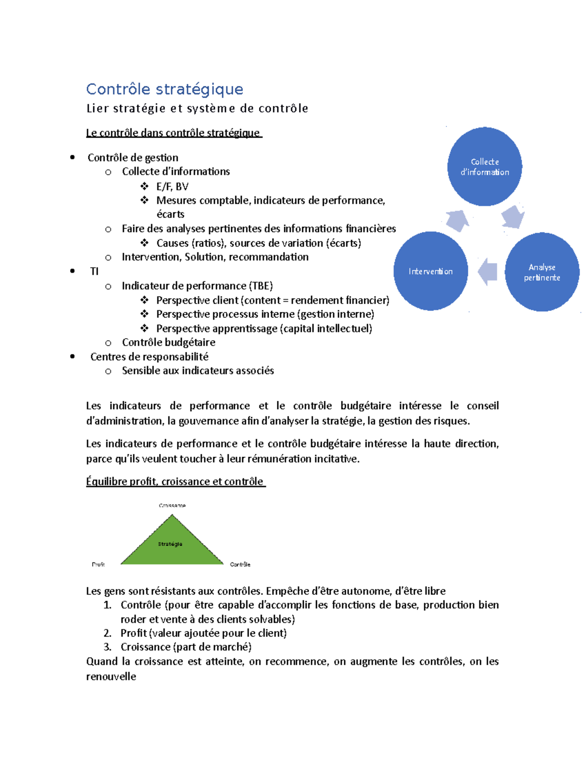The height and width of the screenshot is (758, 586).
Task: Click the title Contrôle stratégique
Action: point(165,89)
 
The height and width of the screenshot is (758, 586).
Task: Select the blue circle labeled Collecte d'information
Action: point(484,166)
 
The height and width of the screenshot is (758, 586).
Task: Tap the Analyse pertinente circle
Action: point(542,272)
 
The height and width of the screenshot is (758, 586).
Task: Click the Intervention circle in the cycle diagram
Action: point(430,271)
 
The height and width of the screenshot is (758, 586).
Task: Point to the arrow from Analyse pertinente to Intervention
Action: point(488,271)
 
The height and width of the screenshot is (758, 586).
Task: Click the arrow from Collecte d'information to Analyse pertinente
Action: point(512,216)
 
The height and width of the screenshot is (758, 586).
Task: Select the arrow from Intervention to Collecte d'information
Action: point(458,220)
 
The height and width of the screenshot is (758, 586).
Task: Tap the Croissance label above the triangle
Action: point(172,506)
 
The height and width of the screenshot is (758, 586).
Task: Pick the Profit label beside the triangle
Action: point(98,564)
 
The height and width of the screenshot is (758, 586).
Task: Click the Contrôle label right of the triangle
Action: point(240,564)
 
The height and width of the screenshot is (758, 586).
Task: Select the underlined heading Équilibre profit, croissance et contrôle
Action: point(175,482)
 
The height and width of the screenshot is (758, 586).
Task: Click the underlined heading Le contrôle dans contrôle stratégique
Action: point(174,133)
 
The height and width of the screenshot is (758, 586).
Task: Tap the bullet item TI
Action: point(94,271)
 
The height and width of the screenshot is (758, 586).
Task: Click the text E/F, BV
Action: point(172,186)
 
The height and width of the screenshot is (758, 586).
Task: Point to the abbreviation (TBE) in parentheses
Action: point(261,286)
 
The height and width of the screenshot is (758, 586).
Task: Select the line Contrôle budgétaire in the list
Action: point(168,343)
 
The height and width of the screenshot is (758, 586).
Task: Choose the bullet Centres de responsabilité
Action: point(149,357)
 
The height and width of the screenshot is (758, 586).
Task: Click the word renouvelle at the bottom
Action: point(111,676)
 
